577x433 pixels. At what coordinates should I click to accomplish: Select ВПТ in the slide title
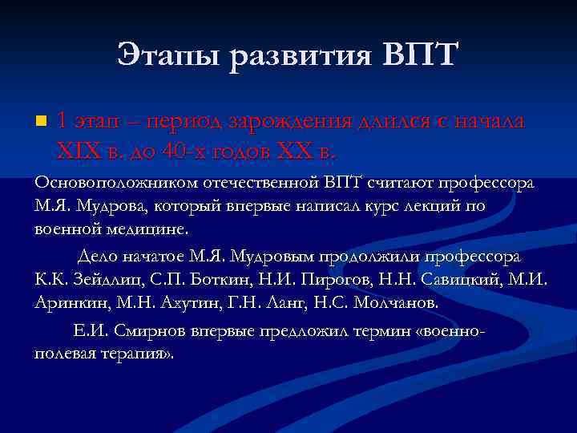click(417, 55)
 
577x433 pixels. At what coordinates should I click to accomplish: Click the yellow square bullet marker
click(41, 122)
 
